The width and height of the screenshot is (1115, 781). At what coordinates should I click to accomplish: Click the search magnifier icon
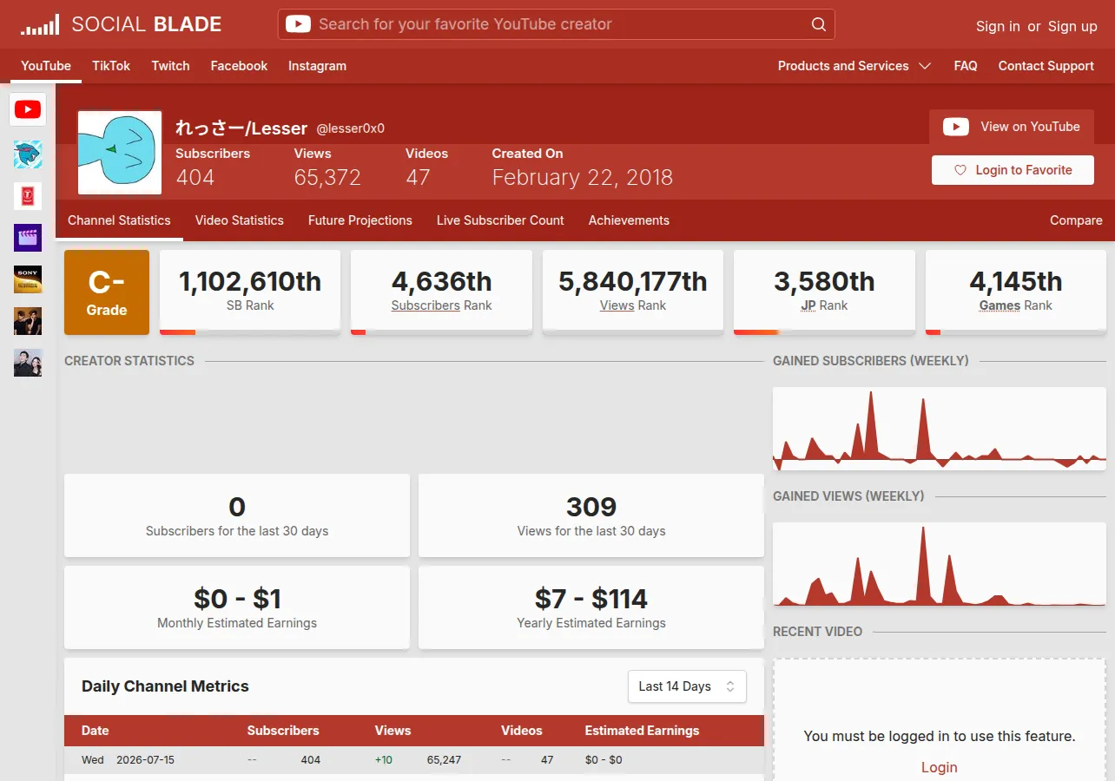pos(818,24)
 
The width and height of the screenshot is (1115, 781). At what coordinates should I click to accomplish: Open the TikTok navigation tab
pos(111,66)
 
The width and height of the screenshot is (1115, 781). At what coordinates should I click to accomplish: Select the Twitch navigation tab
pos(170,66)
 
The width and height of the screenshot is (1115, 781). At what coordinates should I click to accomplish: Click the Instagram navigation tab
pos(317,66)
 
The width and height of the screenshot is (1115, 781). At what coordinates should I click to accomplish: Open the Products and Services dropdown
pos(854,66)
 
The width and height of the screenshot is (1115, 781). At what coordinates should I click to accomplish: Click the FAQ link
pos(965,66)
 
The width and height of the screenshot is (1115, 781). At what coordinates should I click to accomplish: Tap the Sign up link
pos(1072,26)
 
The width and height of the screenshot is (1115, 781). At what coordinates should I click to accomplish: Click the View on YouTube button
pos(1012,127)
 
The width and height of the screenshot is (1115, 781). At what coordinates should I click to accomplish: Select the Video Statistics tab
pos(240,220)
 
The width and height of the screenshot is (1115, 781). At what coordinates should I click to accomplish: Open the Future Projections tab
pos(360,220)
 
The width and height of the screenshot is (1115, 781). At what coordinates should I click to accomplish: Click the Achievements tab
pos(629,220)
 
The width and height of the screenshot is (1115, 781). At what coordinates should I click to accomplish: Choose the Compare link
pos(1076,220)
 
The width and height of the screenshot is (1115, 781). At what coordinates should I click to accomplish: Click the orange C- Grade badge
pos(107,292)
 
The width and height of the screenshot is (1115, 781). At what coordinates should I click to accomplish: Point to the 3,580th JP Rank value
pos(824,281)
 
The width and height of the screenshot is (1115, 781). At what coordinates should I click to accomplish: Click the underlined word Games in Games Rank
pos(1000,305)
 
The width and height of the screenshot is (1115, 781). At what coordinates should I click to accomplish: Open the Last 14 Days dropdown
pos(687,686)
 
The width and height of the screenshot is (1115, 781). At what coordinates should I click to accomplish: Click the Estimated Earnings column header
pos(642,731)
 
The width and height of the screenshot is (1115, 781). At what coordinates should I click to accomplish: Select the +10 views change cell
pos(383,759)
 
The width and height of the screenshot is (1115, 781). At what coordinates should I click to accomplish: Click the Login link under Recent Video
pos(939,767)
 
